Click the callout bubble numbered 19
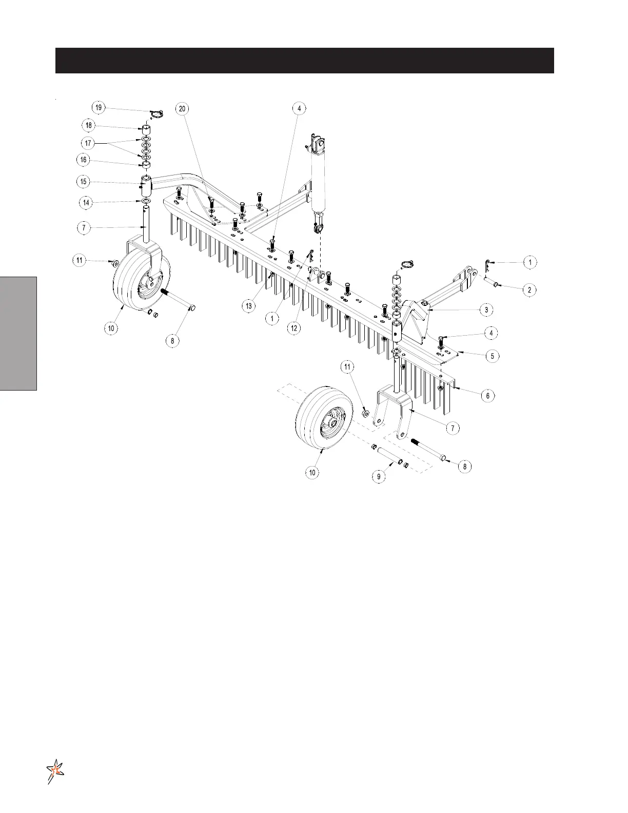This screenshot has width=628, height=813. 99,108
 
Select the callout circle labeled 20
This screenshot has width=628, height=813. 182,108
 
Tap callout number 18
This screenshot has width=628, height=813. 89,125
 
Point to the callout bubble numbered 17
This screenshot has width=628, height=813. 88,143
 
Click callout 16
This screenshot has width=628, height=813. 84,160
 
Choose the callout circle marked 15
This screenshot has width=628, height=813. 84,182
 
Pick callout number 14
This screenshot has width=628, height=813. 86,203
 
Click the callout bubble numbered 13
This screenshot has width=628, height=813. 249,306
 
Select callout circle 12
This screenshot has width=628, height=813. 294,328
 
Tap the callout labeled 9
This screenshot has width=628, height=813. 379,476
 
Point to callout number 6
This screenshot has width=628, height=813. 487,396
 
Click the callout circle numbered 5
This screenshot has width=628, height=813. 492,356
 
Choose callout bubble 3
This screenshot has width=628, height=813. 486,310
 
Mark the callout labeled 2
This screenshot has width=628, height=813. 529,290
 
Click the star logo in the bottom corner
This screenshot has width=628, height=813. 55,771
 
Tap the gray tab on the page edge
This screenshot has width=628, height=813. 18,334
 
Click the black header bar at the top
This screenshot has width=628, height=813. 304,61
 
